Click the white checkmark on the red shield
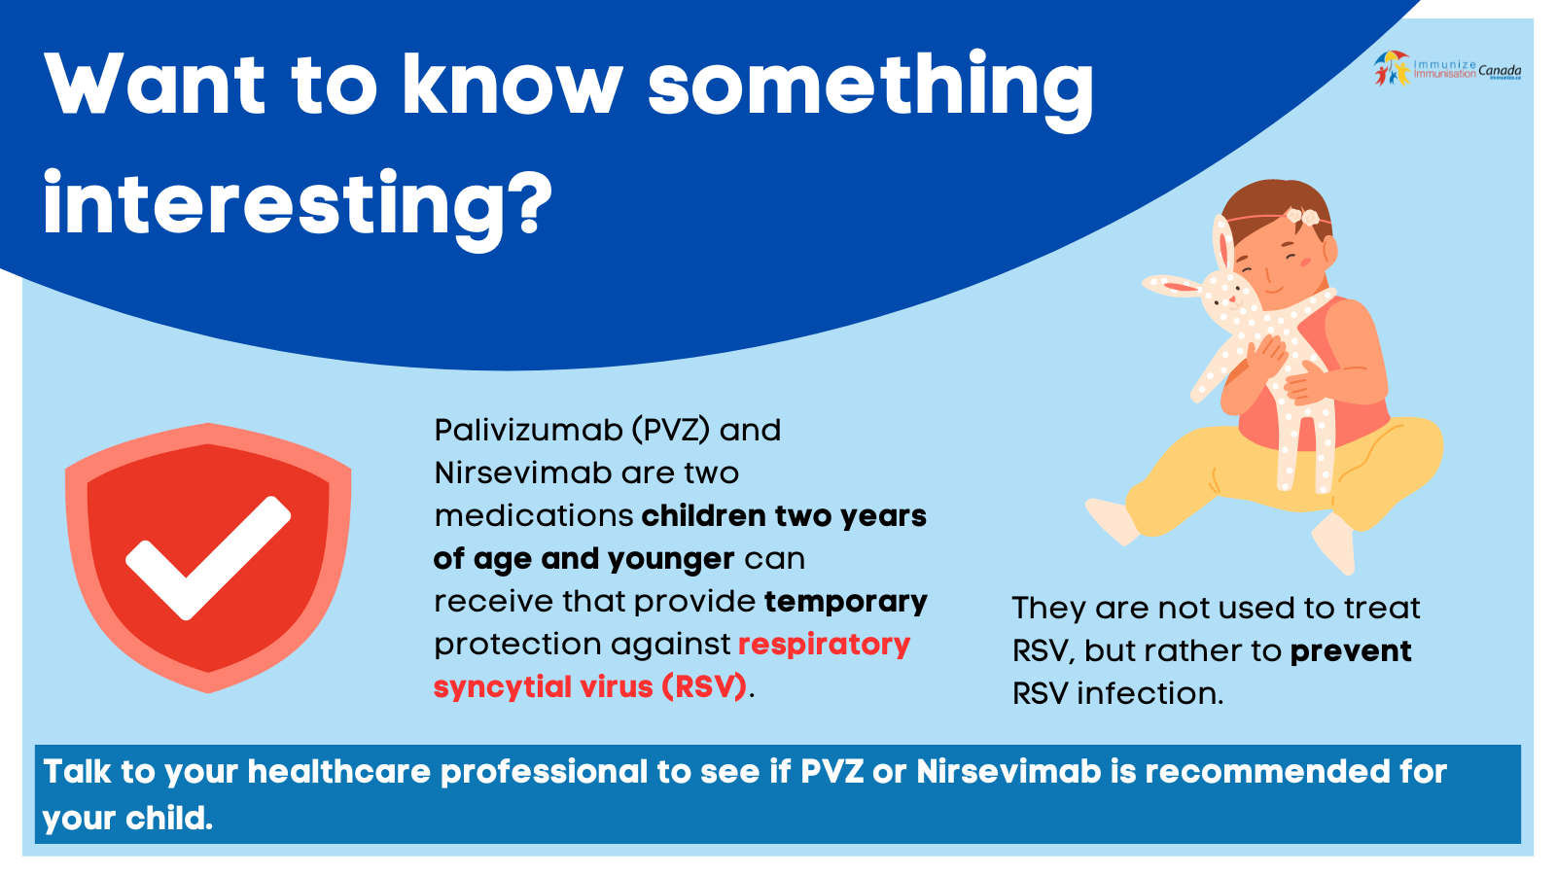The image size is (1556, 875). click(208, 554)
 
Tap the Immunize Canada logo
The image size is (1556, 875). click(1447, 68)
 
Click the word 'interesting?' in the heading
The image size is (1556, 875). click(297, 204)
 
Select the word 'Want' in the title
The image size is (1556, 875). click(155, 86)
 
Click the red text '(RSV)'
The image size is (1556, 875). click(704, 686)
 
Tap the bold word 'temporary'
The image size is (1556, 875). click(845, 602)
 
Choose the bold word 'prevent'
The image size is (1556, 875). click(1350, 650)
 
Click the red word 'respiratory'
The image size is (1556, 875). click(824, 644)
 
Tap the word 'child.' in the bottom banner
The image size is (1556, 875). click(169, 818)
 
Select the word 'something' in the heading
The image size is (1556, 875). click(870, 86)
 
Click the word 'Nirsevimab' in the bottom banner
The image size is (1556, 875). click(1008, 771)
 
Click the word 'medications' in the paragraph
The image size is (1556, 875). click(534, 515)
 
